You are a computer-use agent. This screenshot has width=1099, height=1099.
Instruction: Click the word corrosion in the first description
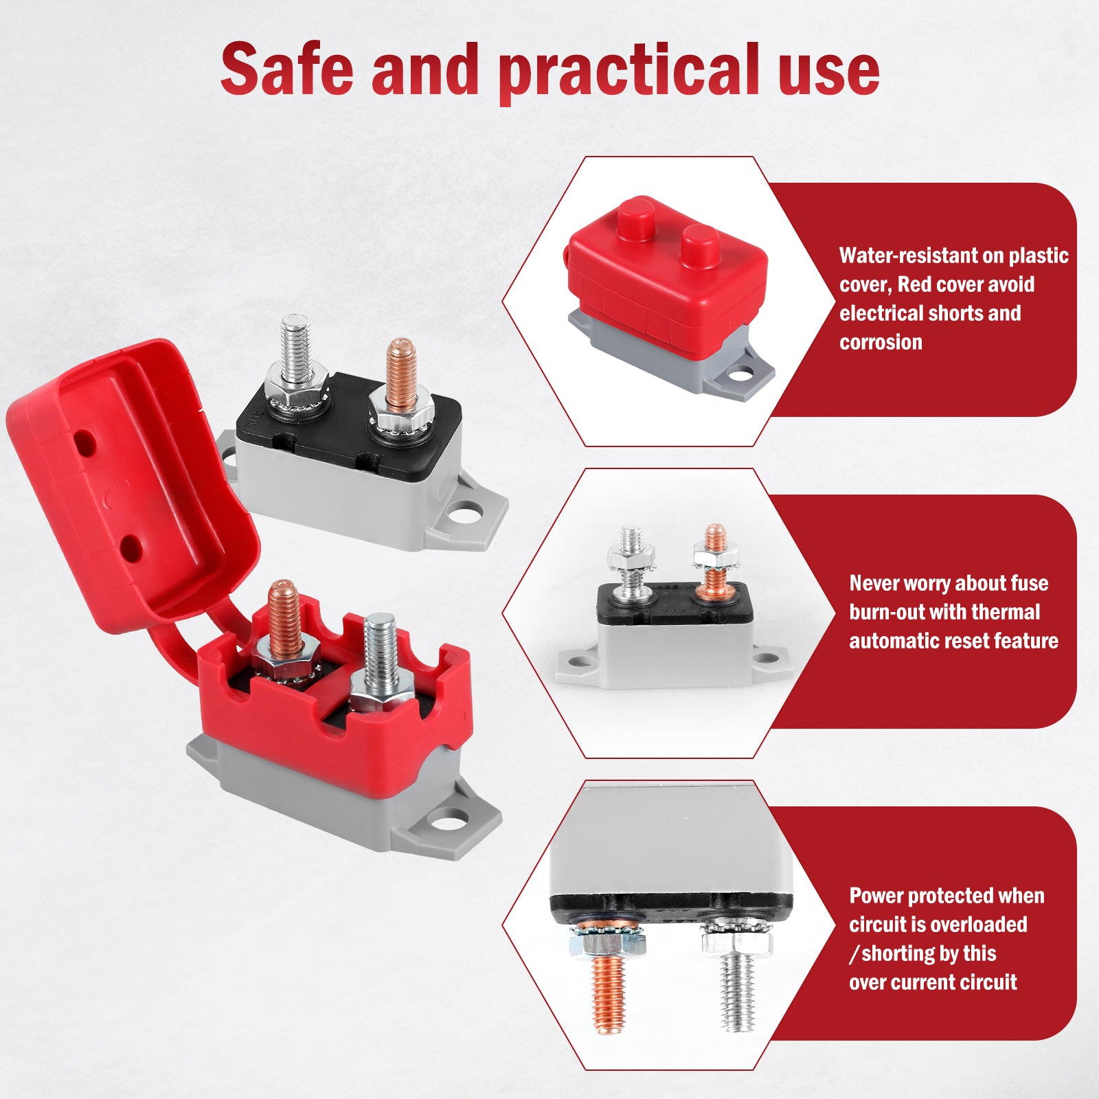(x=881, y=342)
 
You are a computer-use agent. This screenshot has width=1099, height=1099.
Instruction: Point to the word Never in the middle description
(x=874, y=583)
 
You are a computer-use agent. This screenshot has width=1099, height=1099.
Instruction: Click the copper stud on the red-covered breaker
(x=284, y=618)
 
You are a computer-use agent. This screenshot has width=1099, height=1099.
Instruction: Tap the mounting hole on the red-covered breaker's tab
(x=449, y=819)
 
